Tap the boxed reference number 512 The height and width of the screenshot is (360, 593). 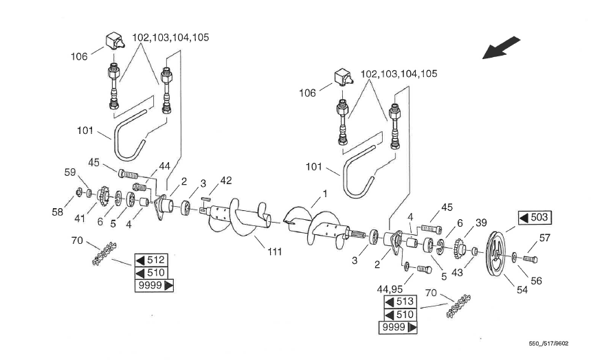click(x=150, y=260)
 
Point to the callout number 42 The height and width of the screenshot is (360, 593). click(x=225, y=181)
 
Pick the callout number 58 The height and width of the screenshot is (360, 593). click(x=57, y=212)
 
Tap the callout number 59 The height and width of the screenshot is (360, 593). click(x=70, y=172)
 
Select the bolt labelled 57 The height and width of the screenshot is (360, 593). click(x=530, y=259)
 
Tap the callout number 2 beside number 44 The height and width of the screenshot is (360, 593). click(x=185, y=181)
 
